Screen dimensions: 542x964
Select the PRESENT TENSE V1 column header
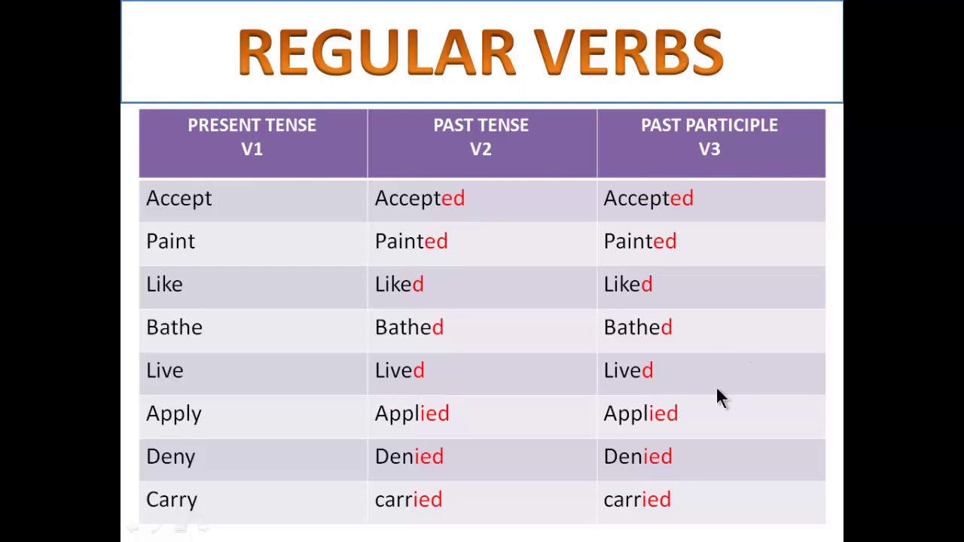252,137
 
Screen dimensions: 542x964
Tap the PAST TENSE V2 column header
480,137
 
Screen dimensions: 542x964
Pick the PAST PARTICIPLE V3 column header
709,137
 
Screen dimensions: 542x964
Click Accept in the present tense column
179,199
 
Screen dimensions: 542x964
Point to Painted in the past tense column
411,242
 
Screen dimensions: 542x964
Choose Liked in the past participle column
628,285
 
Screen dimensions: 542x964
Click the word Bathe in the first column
174,327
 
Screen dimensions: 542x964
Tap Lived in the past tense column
400,370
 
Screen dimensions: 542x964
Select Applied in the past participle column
641,414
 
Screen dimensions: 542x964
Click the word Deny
171,457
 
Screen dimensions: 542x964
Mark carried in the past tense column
408,500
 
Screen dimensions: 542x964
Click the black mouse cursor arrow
721,397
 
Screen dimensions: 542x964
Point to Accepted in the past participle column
648,199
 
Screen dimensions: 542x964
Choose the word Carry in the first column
172,500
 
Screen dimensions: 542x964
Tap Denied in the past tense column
409,457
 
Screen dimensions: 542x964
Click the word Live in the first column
165,370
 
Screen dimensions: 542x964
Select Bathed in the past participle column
638,327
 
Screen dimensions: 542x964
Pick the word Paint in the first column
171,242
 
